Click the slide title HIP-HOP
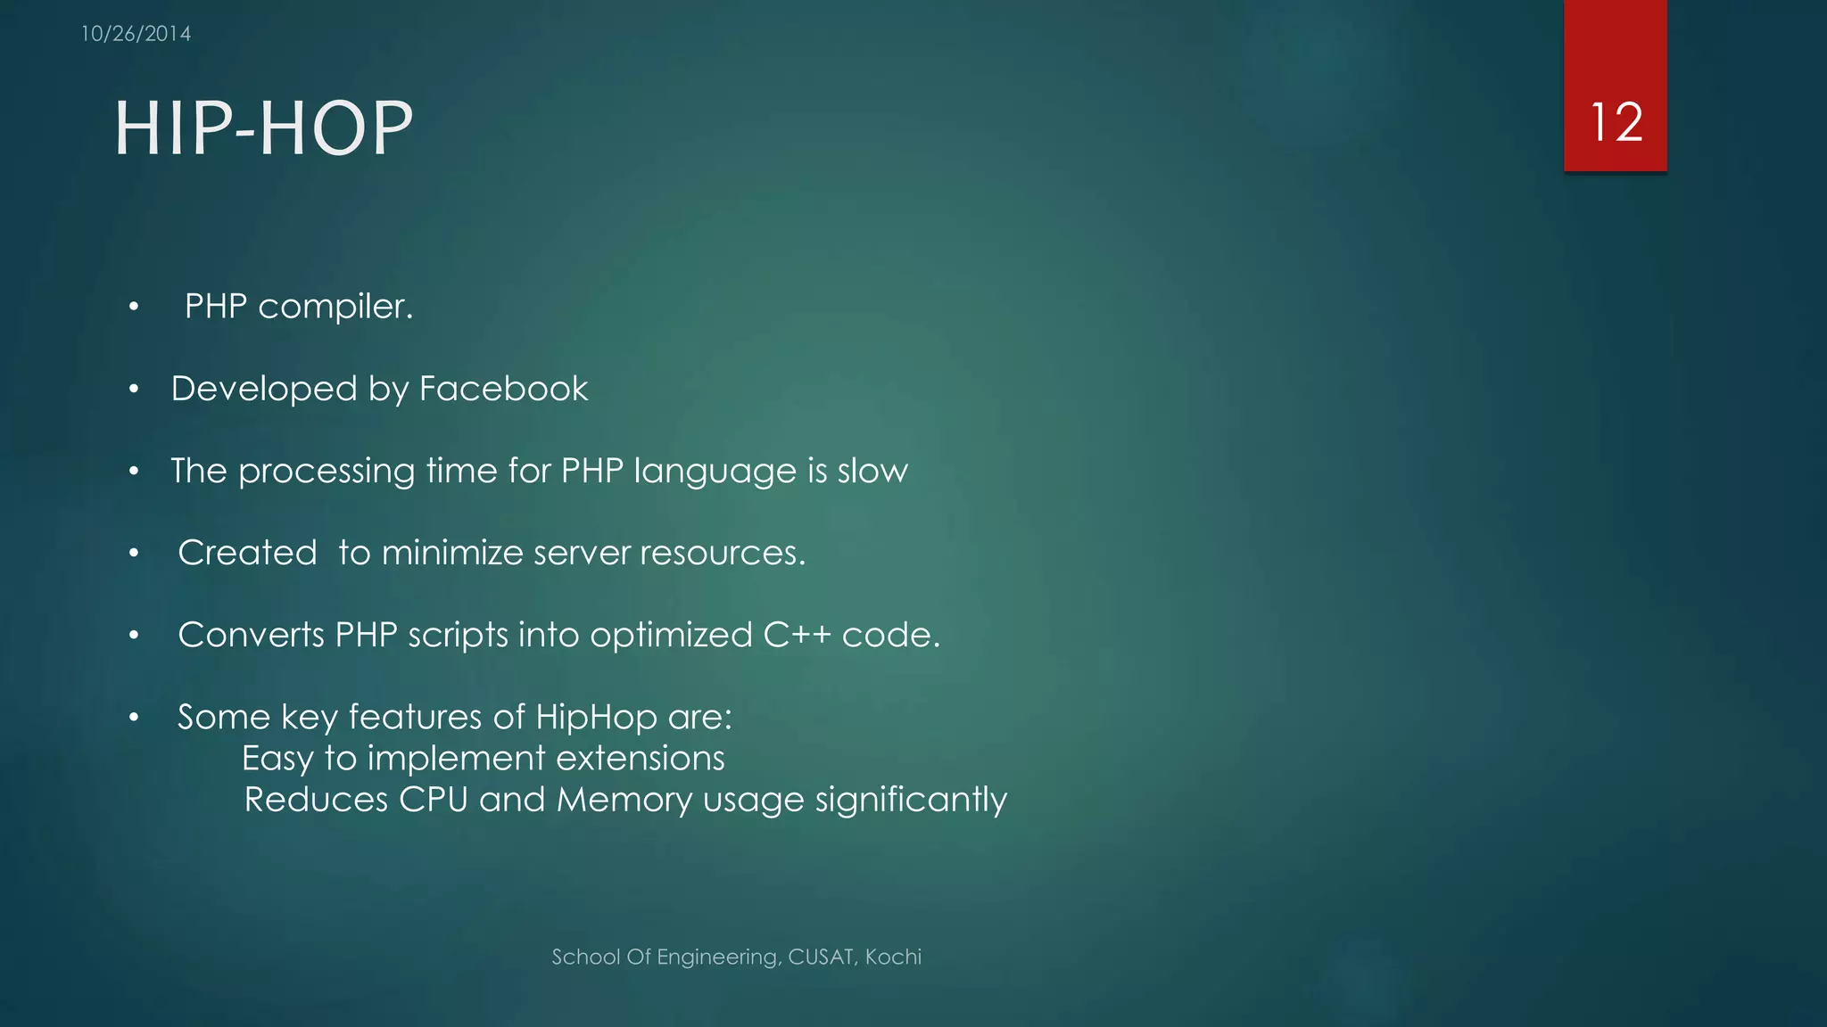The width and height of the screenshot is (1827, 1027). [x=264, y=128]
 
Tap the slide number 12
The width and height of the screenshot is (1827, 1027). [x=1616, y=122]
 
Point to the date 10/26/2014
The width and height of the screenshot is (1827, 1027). [x=136, y=34]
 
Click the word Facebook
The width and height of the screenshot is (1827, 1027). [x=503, y=389]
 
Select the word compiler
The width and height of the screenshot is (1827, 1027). [x=335, y=308]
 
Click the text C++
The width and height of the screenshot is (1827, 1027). [x=797, y=635]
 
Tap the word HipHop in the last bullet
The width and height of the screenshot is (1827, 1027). [x=596, y=718]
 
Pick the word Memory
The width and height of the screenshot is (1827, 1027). [x=624, y=800]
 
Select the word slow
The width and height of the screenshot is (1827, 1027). [x=872, y=471]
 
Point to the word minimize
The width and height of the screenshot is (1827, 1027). [x=452, y=553]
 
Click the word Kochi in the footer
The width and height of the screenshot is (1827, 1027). [x=893, y=957]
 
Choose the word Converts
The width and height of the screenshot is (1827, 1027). [x=251, y=635]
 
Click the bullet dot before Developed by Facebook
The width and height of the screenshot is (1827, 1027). [x=134, y=390]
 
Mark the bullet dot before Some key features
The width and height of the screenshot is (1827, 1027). [x=134, y=718]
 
